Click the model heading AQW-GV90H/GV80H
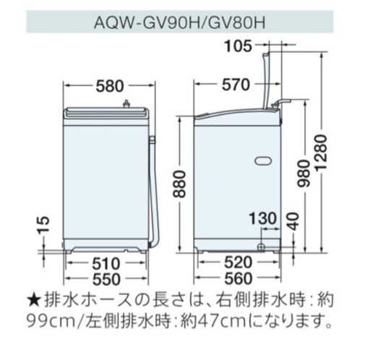pyautogui.click(x=180, y=22)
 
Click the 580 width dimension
pyautogui.click(x=110, y=86)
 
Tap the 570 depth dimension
pyautogui.click(x=236, y=85)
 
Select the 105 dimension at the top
pyautogui.click(x=238, y=46)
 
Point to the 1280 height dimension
pyautogui.click(x=322, y=153)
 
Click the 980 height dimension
pyautogui.click(x=304, y=173)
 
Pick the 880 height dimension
pyautogui.click(x=180, y=184)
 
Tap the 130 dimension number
pyautogui.click(x=262, y=218)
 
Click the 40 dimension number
pyautogui.click(x=293, y=221)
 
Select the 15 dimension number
pyautogui.click(x=43, y=225)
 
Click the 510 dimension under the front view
pyautogui.click(x=106, y=263)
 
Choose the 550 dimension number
pyautogui.click(x=106, y=279)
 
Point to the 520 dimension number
pyautogui.click(x=238, y=262)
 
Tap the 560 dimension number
pyautogui.click(x=238, y=278)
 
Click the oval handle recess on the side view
pyautogui.click(x=263, y=160)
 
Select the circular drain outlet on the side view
pyautogui.click(x=261, y=247)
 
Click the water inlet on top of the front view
pyautogui.click(x=126, y=104)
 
